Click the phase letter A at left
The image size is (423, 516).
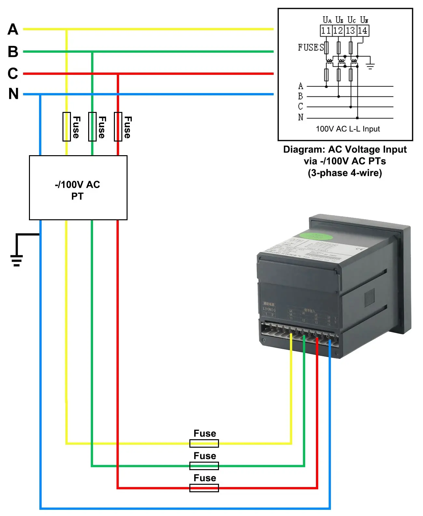click(x=13, y=29)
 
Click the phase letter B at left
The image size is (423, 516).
click(x=13, y=52)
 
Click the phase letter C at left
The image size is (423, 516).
click(x=13, y=74)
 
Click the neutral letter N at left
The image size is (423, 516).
click(x=13, y=94)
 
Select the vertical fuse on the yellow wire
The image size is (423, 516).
click(x=67, y=127)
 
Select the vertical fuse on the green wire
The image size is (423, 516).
click(x=92, y=127)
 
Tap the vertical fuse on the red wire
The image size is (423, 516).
click(x=118, y=127)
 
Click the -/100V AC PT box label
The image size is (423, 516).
click(x=77, y=190)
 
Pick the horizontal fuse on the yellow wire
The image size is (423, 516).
click(x=204, y=443)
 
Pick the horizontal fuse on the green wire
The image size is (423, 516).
click(x=204, y=466)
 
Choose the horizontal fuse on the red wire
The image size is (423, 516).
click(x=204, y=488)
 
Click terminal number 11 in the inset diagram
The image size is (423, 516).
click(x=326, y=31)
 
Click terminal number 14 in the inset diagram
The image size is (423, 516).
click(x=362, y=31)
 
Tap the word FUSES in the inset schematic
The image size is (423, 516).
click(x=311, y=48)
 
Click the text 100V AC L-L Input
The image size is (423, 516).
click(x=348, y=129)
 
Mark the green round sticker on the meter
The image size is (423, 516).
click(x=316, y=236)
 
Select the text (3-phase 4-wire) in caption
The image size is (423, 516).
click(x=345, y=173)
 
